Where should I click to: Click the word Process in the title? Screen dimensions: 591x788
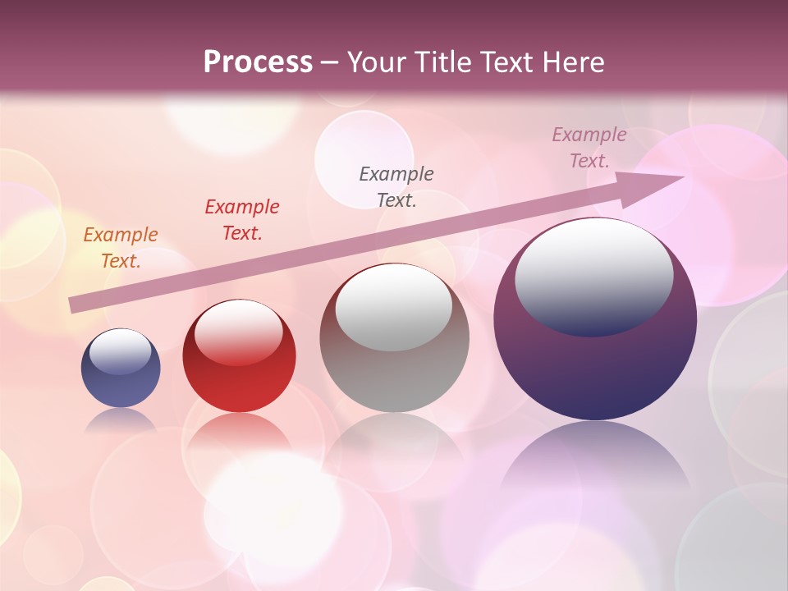(258, 62)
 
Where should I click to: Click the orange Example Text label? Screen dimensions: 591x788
(121, 247)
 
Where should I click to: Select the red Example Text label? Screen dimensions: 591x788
(242, 219)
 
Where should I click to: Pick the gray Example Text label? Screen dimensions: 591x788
(396, 186)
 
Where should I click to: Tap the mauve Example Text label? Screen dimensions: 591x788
(589, 147)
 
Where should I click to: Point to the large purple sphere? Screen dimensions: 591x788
(595, 369)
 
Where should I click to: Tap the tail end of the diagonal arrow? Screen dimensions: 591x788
(74, 305)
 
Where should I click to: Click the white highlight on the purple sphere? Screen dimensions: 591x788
(594, 276)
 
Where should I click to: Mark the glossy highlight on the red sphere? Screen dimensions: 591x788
(239, 332)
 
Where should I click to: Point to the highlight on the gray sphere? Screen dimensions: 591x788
(394, 306)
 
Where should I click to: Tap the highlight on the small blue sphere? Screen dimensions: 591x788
(121, 351)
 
